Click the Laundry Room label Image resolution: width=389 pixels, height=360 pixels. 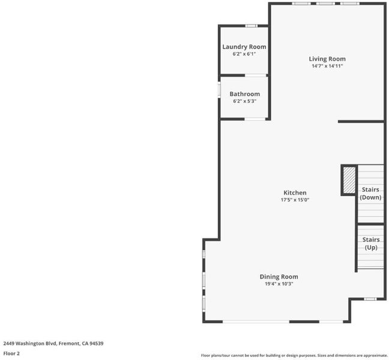[x=244, y=47]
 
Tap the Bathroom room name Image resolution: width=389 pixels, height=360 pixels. [x=244, y=94]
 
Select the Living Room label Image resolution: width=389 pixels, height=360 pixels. [x=327, y=59]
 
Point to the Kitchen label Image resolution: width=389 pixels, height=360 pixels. [x=295, y=193]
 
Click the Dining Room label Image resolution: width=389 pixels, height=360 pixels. [x=279, y=277]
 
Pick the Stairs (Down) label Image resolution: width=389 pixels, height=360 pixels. [x=370, y=193]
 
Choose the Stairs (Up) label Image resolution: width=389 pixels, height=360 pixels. [x=371, y=244]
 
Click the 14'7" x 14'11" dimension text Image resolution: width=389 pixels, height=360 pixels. [x=327, y=66]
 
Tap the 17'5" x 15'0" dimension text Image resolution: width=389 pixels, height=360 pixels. [x=295, y=200]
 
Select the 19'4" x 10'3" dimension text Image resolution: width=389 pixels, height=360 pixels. [x=279, y=284]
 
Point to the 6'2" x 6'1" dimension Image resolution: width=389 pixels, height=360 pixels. [x=244, y=54]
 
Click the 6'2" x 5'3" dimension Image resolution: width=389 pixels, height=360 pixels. [x=244, y=101]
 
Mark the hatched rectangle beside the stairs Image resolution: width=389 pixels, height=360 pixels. [x=349, y=180]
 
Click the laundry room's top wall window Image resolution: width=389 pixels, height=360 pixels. [x=252, y=26]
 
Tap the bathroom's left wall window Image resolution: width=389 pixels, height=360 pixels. [x=219, y=90]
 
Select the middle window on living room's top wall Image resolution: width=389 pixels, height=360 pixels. [x=325, y=4]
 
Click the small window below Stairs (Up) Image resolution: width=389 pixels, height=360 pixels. [x=370, y=299]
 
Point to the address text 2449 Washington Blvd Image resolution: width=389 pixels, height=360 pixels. [x=31, y=343]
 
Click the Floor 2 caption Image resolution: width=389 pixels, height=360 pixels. [x=11, y=353]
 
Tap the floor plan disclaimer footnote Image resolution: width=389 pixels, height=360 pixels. [x=294, y=356]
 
